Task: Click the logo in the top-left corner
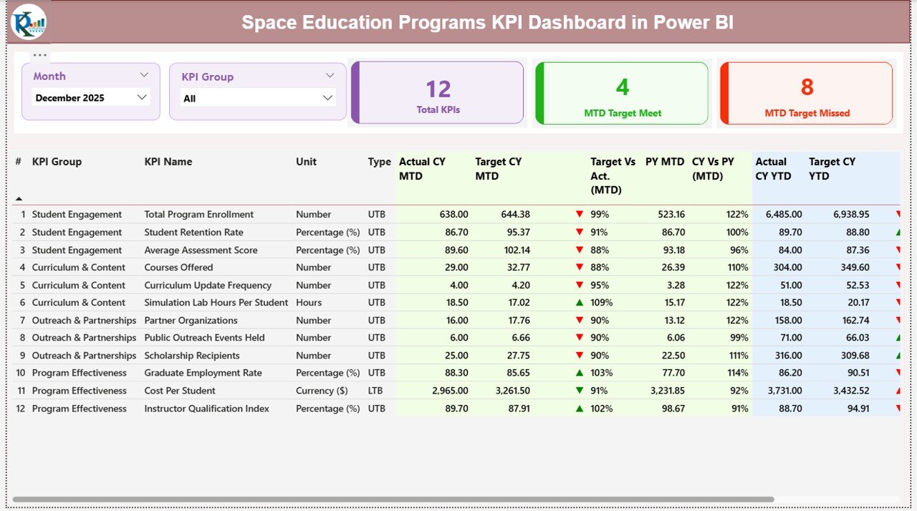(x=28, y=21)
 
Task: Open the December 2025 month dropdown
(x=91, y=98)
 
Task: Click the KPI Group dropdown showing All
(x=258, y=98)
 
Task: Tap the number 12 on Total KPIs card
(x=438, y=89)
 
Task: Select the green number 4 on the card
(x=622, y=87)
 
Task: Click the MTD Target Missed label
(x=807, y=113)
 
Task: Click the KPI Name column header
(x=168, y=162)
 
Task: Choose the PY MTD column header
(x=664, y=162)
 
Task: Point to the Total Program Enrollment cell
(x=198, y=215)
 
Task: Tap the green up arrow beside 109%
(x=580, y=303)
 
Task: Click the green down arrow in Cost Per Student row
(x=580, y=391)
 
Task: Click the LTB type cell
(x=376, y=391)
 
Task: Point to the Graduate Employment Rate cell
(x=203, y=373)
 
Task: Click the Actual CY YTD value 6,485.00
(x=783, y=215)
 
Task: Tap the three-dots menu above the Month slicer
(x=40, y=55)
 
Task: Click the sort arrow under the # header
(x=19, y=199)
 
